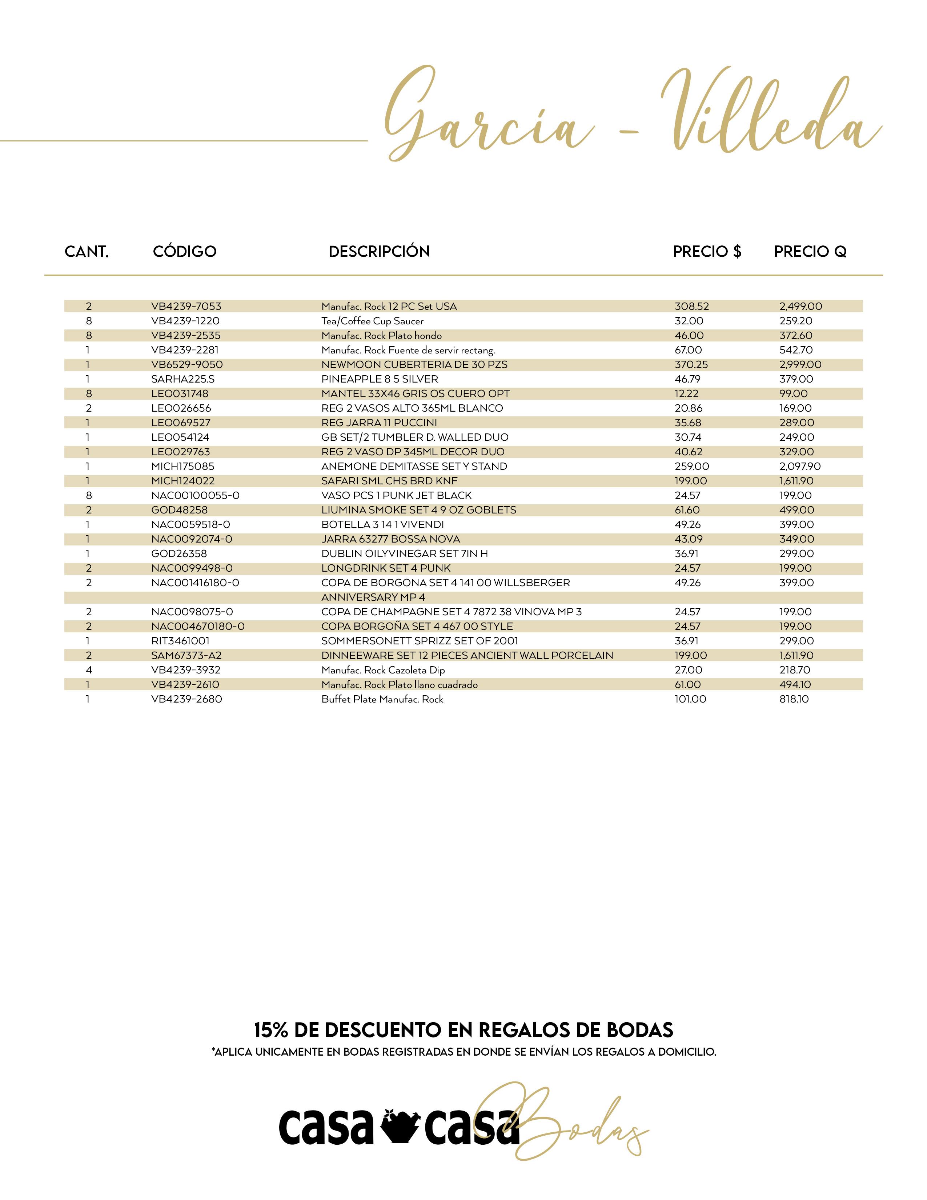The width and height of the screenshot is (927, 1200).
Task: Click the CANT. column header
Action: [87, 252]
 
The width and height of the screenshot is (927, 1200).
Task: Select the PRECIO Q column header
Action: [810, 252]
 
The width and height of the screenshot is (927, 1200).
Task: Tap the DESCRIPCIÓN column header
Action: [379, 252]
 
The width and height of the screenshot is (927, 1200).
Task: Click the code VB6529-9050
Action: [187, 365]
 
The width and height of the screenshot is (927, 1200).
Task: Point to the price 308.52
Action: [691, 307]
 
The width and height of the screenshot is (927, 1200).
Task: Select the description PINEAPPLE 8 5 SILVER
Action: [380, 379]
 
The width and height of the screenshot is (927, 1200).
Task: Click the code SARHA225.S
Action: [183, 379]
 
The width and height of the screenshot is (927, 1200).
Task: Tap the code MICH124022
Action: [183, 481]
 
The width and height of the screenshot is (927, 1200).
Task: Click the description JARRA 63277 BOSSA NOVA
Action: [390, 539]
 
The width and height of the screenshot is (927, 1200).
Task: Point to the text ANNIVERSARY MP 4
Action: [373, 597]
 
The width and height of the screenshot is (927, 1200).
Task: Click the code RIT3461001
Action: [180, 641]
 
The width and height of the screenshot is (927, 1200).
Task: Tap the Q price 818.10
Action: [794, 699]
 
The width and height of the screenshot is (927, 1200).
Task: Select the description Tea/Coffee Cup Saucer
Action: [372, 321]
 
